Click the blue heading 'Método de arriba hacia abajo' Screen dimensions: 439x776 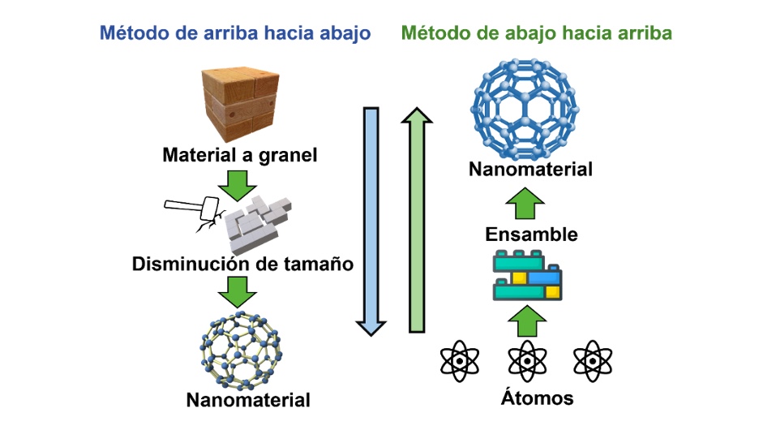tap(234, 33)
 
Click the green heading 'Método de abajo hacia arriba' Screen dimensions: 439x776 tap(536, 33)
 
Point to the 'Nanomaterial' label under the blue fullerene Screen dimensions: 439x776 tap(530, 170)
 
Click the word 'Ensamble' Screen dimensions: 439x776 tap(531, 235)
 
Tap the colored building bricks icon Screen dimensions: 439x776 tap(528, 277)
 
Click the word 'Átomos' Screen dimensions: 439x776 tap(526, 398)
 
